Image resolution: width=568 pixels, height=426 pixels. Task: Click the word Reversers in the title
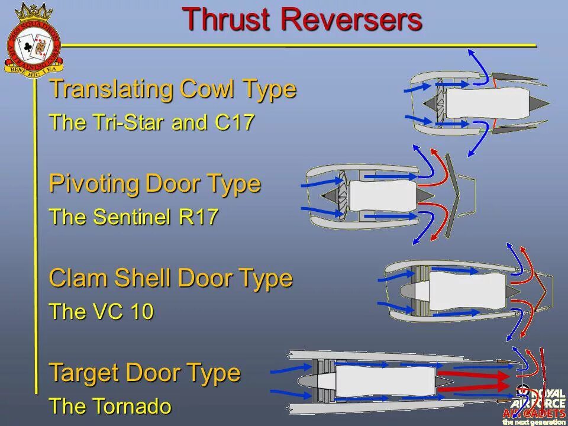pyautogui.click(x=351, y=20)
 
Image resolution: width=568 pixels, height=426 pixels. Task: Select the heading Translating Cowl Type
pyautogui.click(x=172, y=89)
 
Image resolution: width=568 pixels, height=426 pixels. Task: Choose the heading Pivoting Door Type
pyautogui.click(x=154, y=183)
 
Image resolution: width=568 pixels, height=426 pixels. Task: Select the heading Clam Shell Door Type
pyautogui.click(x=170, y=277)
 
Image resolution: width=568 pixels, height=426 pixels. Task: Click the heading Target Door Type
pyautogui.click(x=145, y=373)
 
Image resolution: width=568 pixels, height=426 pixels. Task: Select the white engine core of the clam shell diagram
pyautogui.click(x=467, y=290)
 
